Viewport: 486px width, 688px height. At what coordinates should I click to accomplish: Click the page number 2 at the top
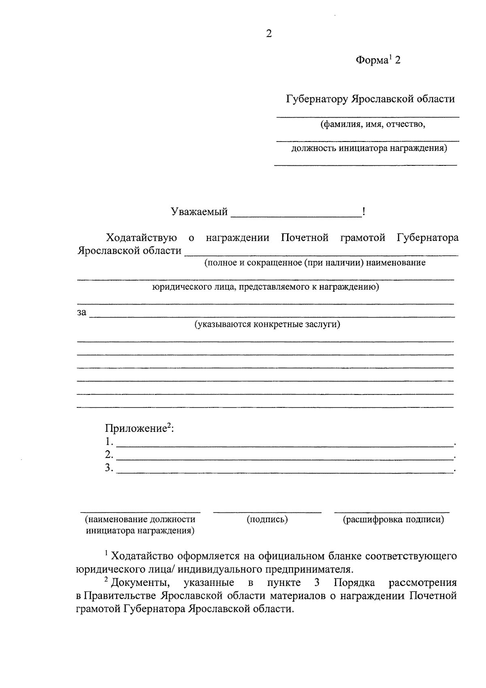(x=269, y=34)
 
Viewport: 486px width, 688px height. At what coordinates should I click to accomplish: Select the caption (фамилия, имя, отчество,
(x=373, y=124)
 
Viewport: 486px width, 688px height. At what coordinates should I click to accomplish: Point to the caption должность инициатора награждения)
(x=369, y=148)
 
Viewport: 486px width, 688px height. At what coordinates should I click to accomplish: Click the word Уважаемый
(x=199, y=212)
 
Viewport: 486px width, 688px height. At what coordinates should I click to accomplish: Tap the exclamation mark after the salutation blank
(x=364, y=211)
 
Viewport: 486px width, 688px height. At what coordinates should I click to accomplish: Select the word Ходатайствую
(x=141, y=238)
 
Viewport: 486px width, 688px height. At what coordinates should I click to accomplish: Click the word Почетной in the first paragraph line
(x=305, y=238)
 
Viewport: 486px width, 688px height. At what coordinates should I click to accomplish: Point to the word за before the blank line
(x=82, y=313)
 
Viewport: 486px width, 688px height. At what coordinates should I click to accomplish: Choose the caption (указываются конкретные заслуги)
(x=267, y=324)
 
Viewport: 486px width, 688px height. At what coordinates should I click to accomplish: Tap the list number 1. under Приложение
(x=109, y=441)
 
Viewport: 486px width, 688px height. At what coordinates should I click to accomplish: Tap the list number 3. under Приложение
(x=109, y=467)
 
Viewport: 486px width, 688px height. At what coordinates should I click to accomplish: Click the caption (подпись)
(x=267, y=519)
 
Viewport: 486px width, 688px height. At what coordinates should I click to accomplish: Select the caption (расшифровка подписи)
(x=393, y=519)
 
